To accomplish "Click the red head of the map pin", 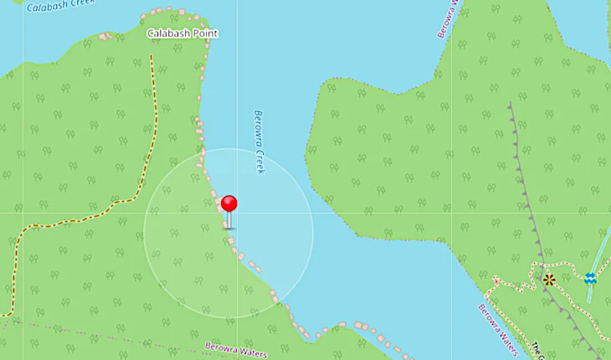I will [x=228, y=203].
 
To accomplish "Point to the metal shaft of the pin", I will [x=228, y=220].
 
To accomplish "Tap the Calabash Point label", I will [x=182, y=33].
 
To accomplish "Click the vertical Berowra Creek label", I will [x=259, y=141].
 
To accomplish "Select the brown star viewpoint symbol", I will [x=548, y=280].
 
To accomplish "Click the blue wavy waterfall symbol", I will [x=590, y=278].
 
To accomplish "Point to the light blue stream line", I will [x=600, y=251].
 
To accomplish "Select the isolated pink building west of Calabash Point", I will [x=105, y=37].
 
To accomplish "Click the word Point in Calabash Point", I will [x=203, y=33].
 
